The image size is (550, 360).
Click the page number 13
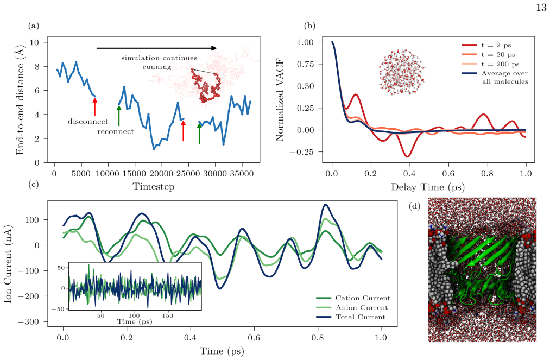pyautogui.click(x=541, y=8)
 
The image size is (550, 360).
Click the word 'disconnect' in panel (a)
pyautogui.click(x=88, y=122)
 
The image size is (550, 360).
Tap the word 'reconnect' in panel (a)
pyautogui.click(x=116, y=132)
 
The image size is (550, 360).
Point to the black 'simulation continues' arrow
pyautogui.click(x=156, y=48)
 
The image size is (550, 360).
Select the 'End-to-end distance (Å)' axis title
pyautogui.click(x=21, y=99)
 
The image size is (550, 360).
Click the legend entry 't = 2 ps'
pyautogui.click(x=486, y=45)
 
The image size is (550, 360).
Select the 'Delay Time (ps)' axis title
pyautogui.click(x=428, y=187)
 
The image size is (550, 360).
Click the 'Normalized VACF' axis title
pyautogui.click(x=280, y=100)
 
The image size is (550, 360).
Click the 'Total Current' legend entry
pyautogui.click(x=351, y=317)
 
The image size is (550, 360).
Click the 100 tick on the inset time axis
pyautogui.click(x=134, y=315)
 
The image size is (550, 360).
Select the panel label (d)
pyautogui.click(x=415, y=206)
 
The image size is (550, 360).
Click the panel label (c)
pyautogui.click(x=34, y=184)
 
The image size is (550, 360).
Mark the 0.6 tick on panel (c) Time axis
pyautogui.click(x=254, y=338)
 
